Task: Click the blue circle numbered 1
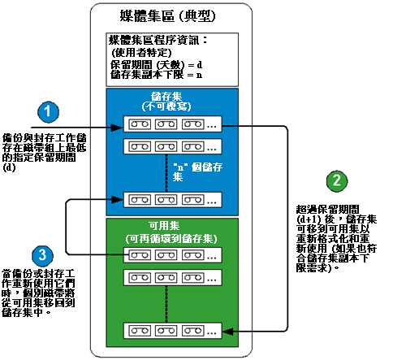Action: click(50, 111)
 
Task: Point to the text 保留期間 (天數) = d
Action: click(154, 63)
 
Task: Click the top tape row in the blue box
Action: click(171, 126)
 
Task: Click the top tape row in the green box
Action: click(171, 254)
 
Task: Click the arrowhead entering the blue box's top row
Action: click(116, 127)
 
